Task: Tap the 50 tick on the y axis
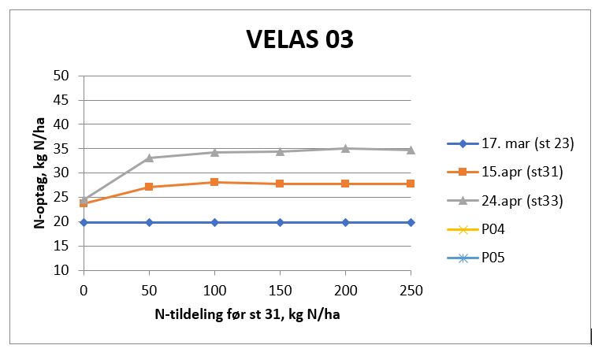tap(62, 76)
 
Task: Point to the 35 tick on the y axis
tap(62, 149)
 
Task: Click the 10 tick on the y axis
tap(62, 270)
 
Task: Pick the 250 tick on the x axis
tap(411, 290)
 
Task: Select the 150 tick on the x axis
tap(280, 290)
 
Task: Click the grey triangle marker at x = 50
tap(149, 158)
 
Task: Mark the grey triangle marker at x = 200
tap(345, 148)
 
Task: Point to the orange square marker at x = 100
tap(214, 182)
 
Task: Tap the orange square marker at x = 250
tap(411, 184)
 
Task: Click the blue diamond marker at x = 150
tap(280, 222)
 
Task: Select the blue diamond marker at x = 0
tap(84, 222)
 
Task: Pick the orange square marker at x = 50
tap(149, 187)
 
